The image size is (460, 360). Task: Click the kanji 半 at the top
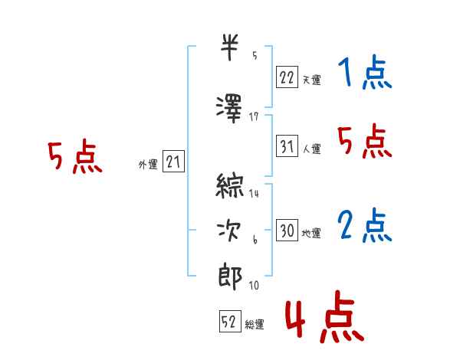click(229, 47)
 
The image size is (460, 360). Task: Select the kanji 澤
click(229, 109)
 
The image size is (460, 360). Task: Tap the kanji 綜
click(230, 185)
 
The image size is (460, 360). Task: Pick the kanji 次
click(228, 231)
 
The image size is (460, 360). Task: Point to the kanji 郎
click(230, 277)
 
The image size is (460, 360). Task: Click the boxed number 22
click(287, 77)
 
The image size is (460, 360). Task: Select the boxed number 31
click(287, 146)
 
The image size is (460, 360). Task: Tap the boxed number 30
click(287, 230)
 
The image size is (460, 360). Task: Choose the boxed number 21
click(173, 162)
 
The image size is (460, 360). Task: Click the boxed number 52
click(230, 321)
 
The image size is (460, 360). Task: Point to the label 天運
click(311, 80)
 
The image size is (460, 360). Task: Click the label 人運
click(311, 149)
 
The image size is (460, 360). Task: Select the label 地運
click(311, 233)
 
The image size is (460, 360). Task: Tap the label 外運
click(148, 165)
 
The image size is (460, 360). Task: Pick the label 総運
click(255, 325)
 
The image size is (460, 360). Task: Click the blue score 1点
click(365, 72)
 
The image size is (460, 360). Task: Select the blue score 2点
click(365, 225)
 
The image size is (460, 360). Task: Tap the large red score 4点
click(324, 316)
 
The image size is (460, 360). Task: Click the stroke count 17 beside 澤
click(254, 117)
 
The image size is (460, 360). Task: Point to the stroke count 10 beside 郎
click(254, 285)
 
